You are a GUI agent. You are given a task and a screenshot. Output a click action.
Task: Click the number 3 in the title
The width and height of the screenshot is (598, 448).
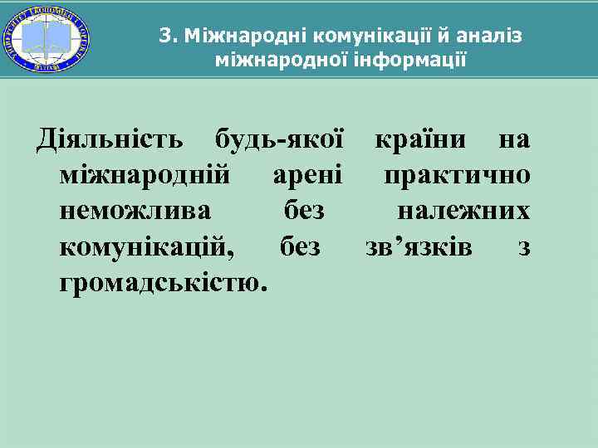pos(165,37)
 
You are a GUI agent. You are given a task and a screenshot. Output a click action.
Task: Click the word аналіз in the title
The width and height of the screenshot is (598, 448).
pos(490,37)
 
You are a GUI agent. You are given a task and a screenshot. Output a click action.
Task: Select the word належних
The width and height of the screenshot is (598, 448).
pos(463,212)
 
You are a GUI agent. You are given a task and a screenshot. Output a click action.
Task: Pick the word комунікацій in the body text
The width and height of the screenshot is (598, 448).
pos(147,247)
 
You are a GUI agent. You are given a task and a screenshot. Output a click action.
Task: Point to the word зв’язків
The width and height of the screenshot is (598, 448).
pos(419,247)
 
